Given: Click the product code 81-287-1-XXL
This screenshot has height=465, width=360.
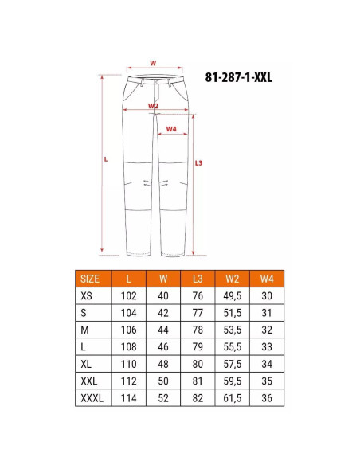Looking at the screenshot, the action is [x=238, y=77].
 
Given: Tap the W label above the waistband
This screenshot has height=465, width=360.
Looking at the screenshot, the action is [x=153, y=63].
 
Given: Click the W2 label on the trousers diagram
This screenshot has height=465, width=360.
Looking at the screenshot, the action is [x=153, y=106].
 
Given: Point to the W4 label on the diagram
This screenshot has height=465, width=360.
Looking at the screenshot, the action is [x=171, y=129].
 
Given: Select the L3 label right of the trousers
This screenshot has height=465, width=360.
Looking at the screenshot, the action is [x=198, y=162].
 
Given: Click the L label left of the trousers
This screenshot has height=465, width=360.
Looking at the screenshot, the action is [x=106, y=159].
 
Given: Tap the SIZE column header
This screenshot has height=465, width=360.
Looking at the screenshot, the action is [x=89, y=279].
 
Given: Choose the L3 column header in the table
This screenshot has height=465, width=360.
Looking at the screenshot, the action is [x=198, y=279].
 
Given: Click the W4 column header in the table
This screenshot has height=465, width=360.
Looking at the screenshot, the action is [x=267, y=279].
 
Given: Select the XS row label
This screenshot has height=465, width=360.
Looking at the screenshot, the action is [x=86, y=295].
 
